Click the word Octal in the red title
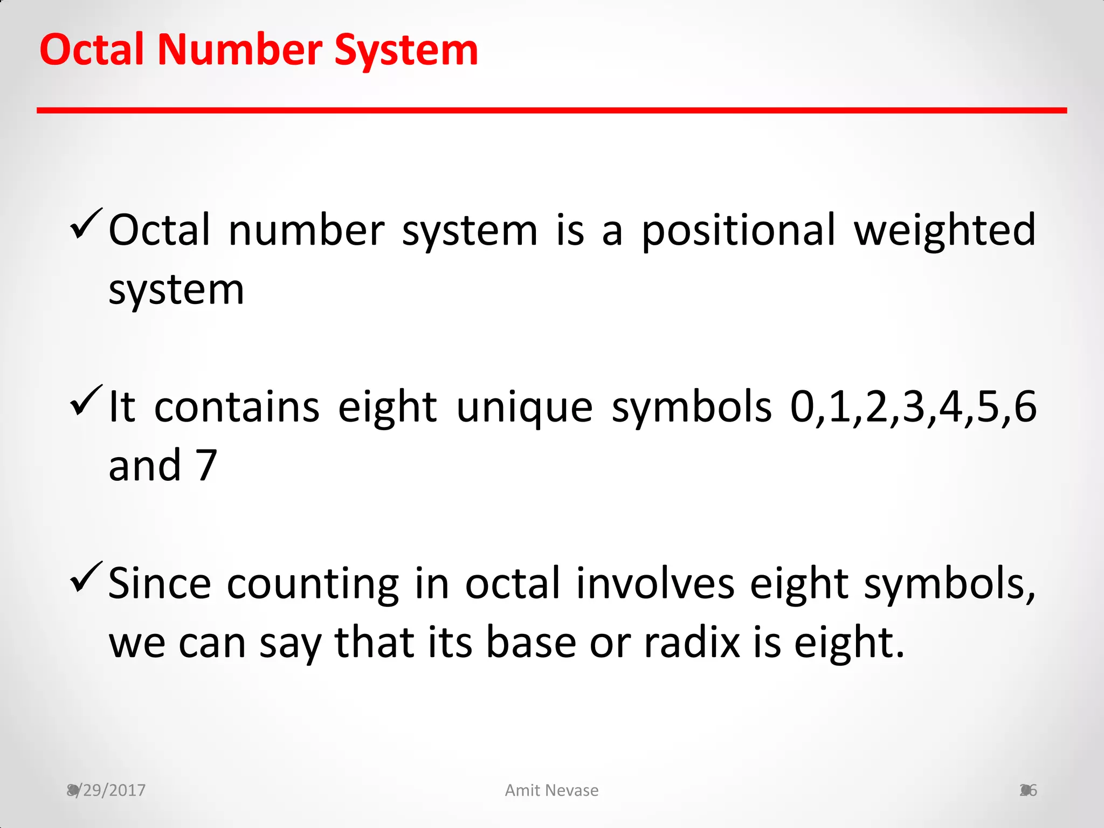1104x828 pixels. click(92, 50)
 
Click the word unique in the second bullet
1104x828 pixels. click(525, 408)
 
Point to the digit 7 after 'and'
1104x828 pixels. click(206, 466)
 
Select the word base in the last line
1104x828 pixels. click(531, 643)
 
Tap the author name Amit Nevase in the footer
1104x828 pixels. click(551, 790)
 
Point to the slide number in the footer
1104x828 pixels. click(1029, 790)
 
